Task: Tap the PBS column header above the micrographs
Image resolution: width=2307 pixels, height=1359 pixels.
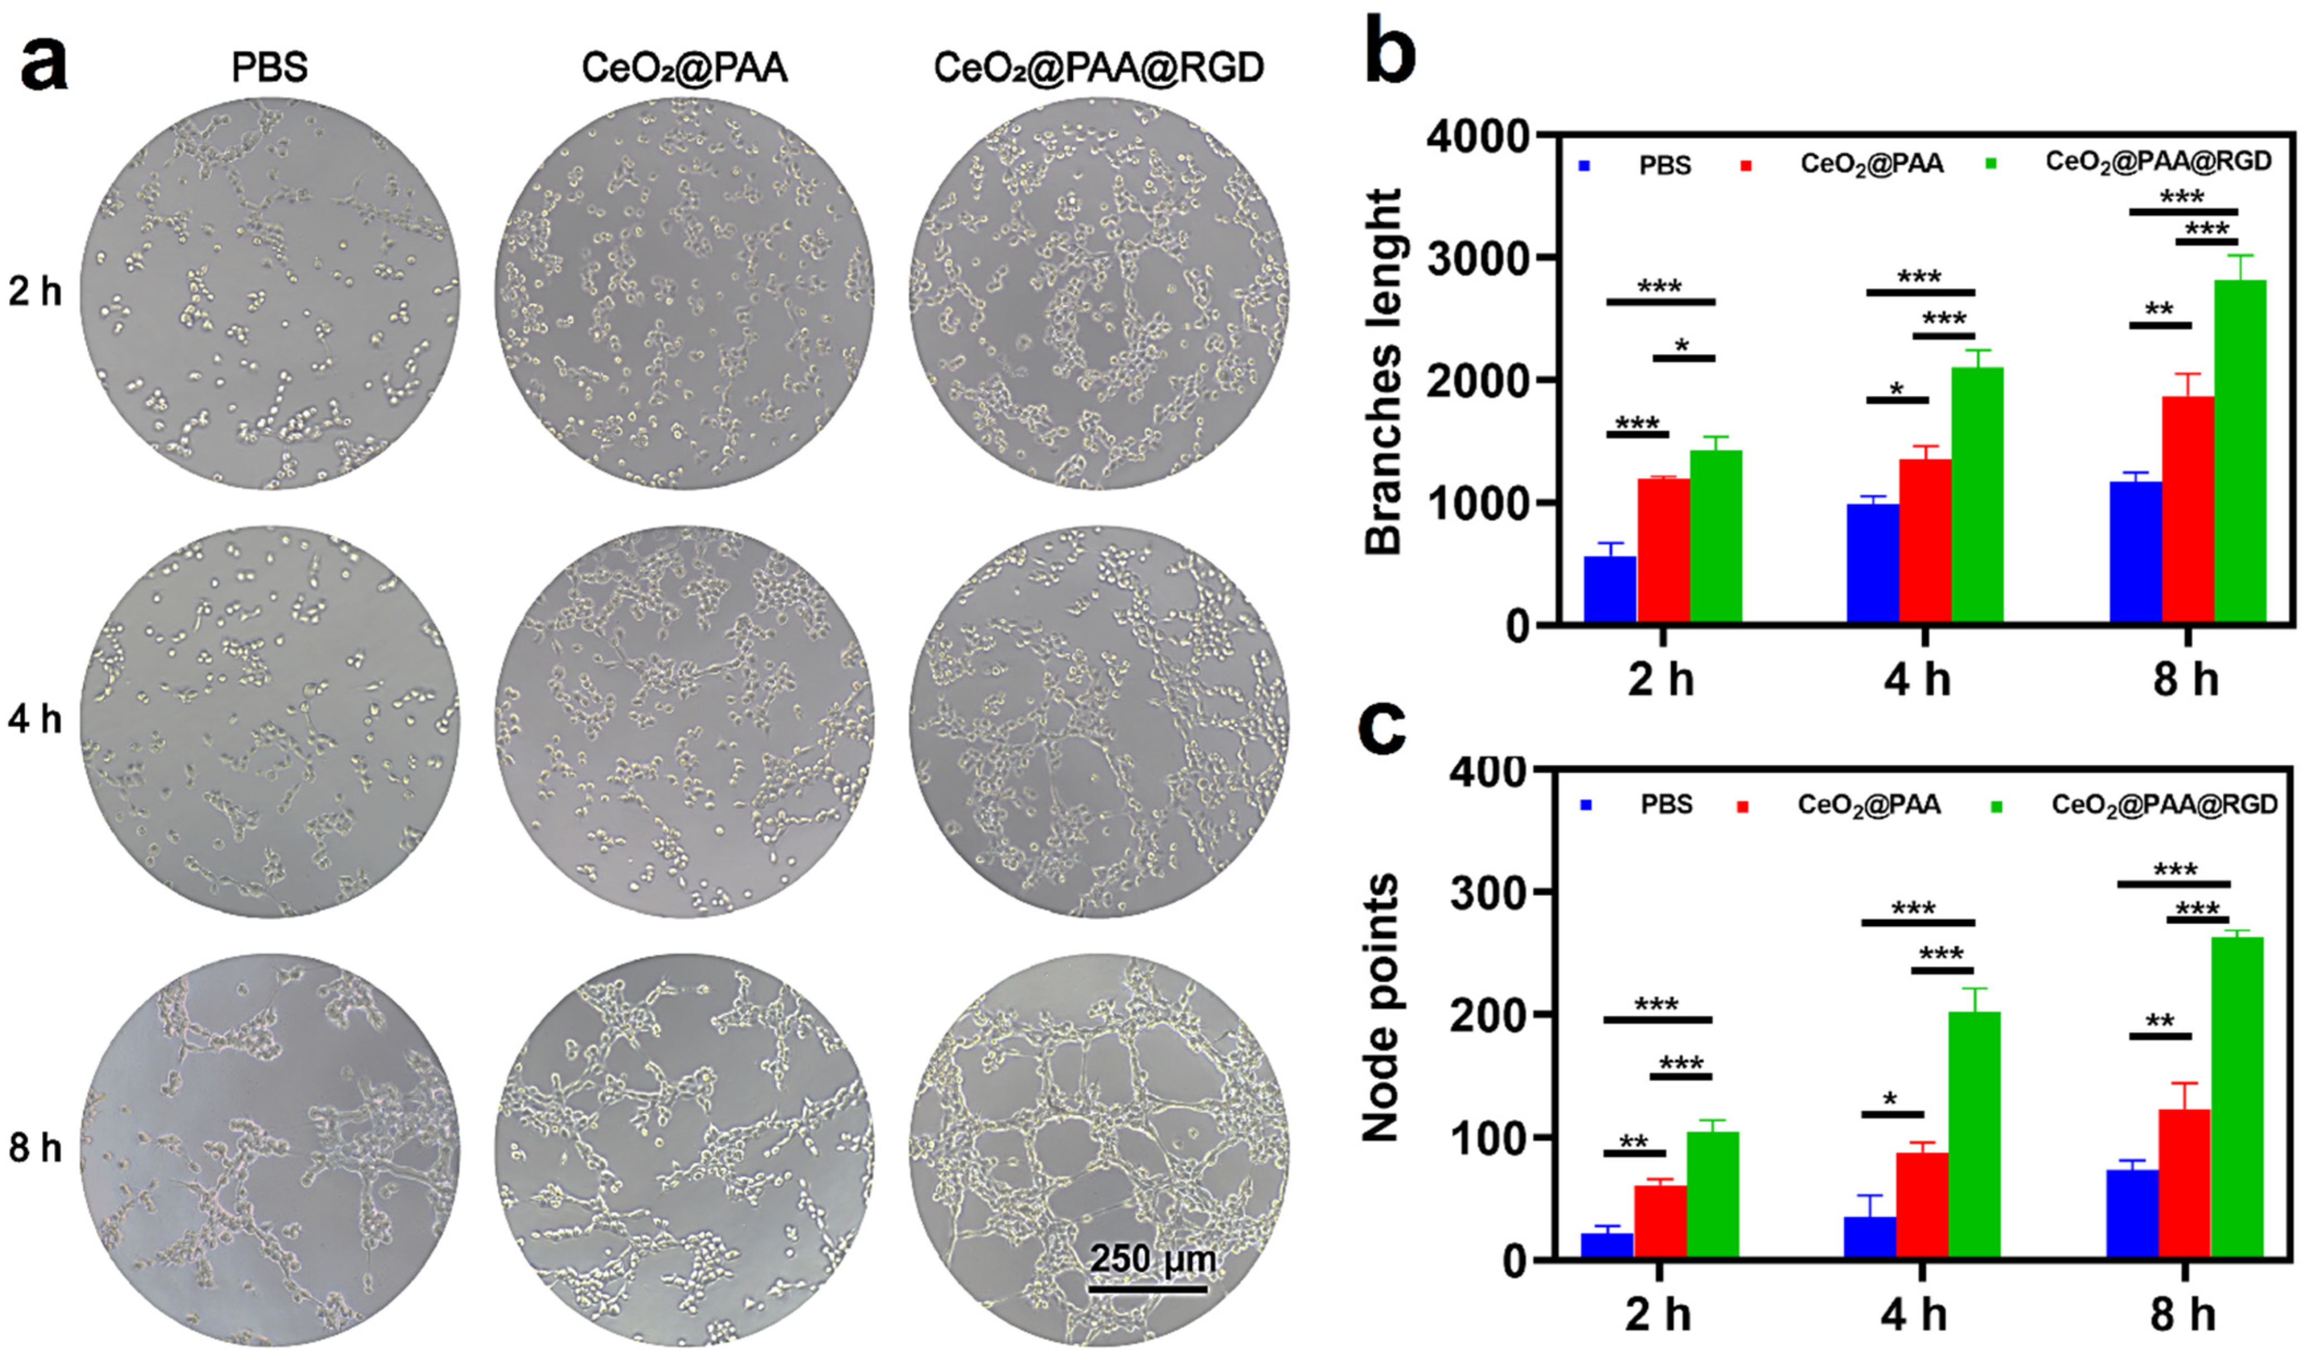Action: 269,68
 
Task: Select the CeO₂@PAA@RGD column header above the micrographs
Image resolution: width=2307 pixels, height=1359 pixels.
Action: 1098,68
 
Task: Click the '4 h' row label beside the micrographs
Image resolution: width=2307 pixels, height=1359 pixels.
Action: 35,720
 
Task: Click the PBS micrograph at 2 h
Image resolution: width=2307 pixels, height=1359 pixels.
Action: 269,293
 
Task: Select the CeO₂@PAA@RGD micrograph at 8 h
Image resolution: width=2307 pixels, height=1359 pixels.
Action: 1098,1150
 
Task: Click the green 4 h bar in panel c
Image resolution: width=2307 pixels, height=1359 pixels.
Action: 1975,1135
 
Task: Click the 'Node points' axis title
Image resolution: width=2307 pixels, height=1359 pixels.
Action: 1381,1008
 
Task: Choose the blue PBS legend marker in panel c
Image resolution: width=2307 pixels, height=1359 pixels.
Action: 1587,805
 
